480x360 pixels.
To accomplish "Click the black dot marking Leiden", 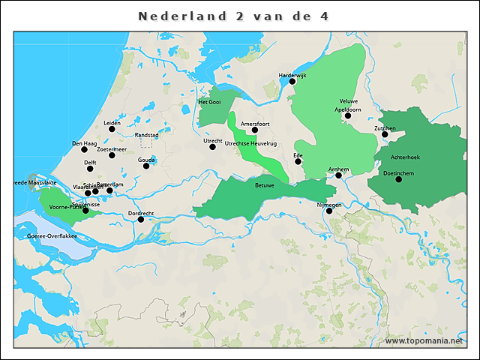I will click(112, 129).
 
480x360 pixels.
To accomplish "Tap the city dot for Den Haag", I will click(85, 149).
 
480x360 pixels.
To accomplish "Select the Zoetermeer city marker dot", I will click(112, 155).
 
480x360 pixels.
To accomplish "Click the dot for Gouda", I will click(146, 166).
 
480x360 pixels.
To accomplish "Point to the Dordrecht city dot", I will click(141, 219).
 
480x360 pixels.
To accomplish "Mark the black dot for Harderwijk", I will click(292, 82).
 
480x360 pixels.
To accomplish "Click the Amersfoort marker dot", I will click(255, 130).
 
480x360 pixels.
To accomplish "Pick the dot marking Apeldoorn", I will click(347, 115).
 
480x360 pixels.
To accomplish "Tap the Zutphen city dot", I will click(385, 134).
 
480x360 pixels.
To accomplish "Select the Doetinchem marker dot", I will click(398, 179).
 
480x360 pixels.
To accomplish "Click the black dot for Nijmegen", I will click(329, 211).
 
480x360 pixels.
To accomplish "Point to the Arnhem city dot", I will click(338, 175).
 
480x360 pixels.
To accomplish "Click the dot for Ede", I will click(298, 161).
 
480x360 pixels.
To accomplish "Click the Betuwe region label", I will click(264, 184).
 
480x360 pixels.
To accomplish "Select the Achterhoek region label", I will click(405, 157).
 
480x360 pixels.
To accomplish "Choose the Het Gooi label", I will click(209, 102).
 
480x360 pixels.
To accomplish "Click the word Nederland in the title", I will click(179, 16).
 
